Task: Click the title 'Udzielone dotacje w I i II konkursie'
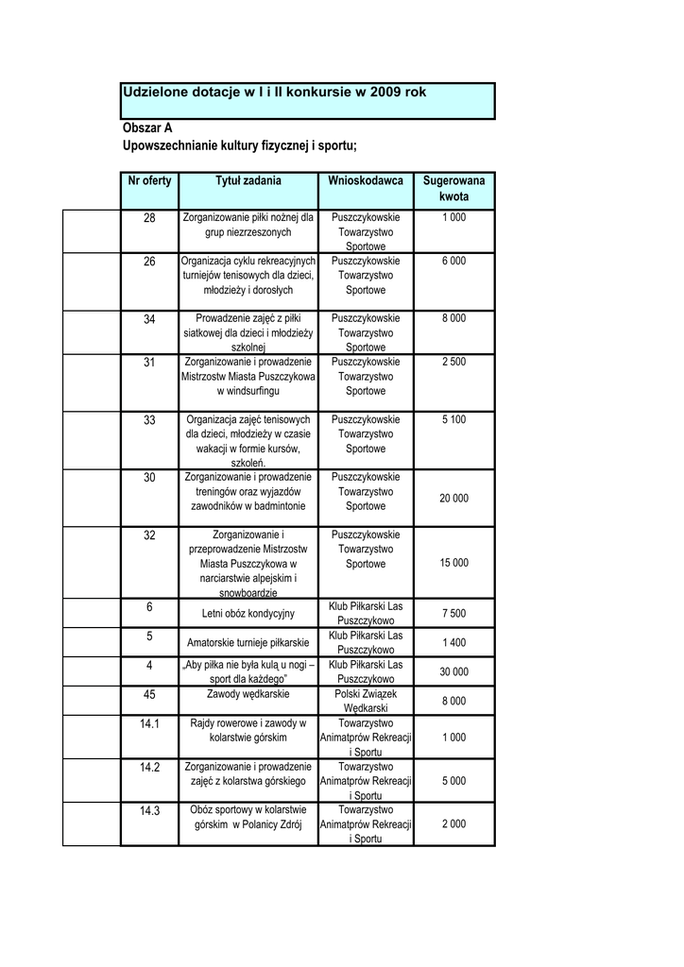274,93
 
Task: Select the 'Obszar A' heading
147,127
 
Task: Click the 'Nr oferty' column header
149,180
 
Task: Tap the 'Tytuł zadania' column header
248,180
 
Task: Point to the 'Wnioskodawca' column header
366,180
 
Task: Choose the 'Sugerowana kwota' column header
453,189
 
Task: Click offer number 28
149,218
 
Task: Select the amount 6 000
453,261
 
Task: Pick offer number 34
149,319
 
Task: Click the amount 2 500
453,362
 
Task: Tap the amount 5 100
453,419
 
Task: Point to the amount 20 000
453,499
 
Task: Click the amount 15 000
453,563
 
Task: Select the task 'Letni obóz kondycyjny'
248,614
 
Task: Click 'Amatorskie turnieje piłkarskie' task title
248,643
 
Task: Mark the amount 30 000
453,671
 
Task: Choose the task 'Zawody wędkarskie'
248,694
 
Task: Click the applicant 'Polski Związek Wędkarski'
366,701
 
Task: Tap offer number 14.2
149,767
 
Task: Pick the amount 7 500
453,614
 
